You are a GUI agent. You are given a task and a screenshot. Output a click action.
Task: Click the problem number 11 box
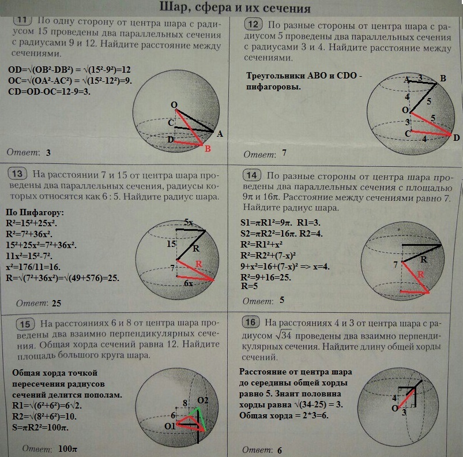coord(22,20)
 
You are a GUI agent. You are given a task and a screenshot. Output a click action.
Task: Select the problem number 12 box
coord(253,24)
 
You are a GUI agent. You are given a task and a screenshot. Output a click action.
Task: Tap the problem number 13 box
coord(17,174)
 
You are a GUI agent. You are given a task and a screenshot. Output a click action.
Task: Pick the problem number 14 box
coord(252,175)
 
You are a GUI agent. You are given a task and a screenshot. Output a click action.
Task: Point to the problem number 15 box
coord(25,324)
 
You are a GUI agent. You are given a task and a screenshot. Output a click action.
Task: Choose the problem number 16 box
coord(250,322)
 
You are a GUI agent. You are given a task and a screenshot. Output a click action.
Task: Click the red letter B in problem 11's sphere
coord(208,149)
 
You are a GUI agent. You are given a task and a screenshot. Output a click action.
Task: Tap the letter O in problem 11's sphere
coord(174,105)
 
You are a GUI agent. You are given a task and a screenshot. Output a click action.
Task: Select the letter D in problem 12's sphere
coord(456,138)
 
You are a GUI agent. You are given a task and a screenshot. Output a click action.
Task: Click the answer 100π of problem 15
coord(67,449)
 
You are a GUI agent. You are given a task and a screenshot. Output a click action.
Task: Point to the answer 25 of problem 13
coord(57,303)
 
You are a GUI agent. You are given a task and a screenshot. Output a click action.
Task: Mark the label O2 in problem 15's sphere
coord(202,400)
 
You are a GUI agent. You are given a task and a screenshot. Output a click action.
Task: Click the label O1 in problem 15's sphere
coord(170,426)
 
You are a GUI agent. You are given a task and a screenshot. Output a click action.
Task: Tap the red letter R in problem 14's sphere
coord(420,275)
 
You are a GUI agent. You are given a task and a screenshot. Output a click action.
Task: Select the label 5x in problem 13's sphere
coord(188,222)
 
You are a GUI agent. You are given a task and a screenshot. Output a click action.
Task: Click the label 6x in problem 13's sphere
coord(189,283)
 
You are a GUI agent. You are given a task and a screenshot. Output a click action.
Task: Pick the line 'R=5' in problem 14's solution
coord(249,286)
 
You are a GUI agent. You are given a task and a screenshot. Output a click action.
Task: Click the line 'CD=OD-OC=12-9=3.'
coord(49,92)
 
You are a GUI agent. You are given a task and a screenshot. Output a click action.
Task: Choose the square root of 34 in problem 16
coord(284,335)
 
